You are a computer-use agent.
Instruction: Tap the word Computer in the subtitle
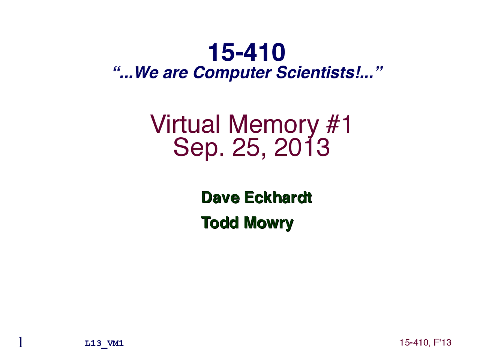(232, 72)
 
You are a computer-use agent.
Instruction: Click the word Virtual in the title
(185, 124)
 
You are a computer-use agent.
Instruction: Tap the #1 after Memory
(339, 124)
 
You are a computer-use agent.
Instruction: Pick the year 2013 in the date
(302, 147)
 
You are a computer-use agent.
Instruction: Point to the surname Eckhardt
(278, 197)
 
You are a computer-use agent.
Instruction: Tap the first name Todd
(220, 222)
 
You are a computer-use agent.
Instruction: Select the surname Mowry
(268, 223)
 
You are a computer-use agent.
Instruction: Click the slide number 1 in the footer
(21, 342)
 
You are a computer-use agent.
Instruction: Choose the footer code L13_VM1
(104, 343)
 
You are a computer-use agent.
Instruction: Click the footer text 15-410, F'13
(425, 342)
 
